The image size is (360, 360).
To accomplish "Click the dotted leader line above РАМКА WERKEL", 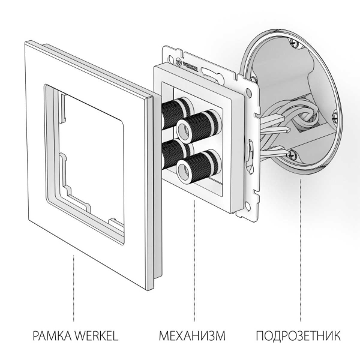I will (74, 288).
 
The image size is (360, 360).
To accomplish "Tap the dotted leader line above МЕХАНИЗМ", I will (194, 264).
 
